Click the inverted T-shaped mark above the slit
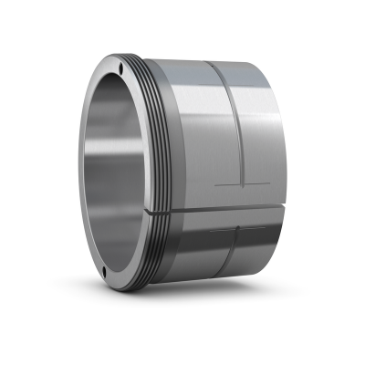coord(242,186)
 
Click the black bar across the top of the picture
coord(182,23)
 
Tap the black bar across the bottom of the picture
coord(182,342)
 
